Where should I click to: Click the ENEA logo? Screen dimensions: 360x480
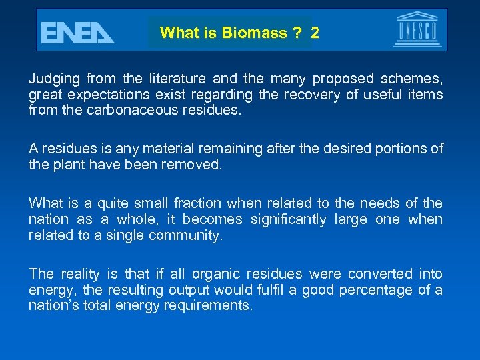pyautogui.click(x=77, y=31)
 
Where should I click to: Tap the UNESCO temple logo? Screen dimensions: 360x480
pyautogui.click(x=417, y=30)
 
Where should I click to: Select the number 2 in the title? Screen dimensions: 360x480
pyautogui.click(x=315, y=33)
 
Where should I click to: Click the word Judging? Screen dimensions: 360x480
pyautogui.click(x=53, y=79)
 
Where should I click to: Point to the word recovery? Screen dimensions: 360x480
pyautogui.click(x=310, y=95)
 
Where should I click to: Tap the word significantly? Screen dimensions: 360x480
pyautogui.click(x=287, y=219)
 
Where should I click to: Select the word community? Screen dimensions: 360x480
pyautogui.click(x=187, y=235)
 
